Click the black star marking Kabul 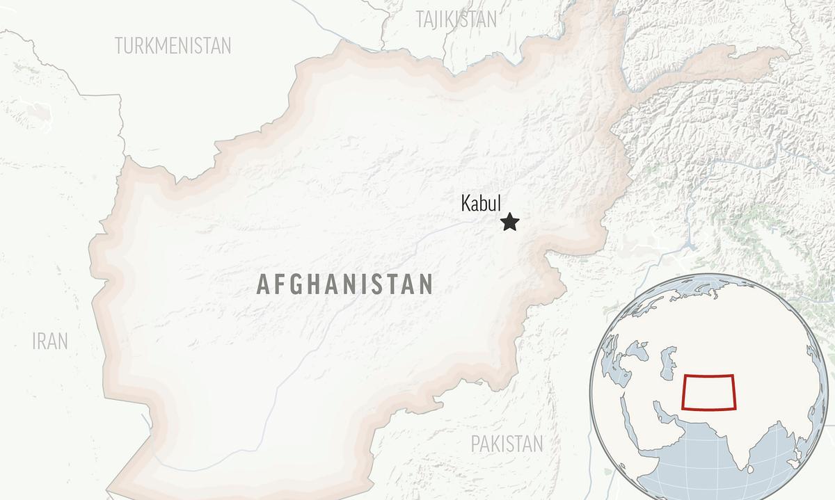[510, 223]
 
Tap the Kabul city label [481, 203]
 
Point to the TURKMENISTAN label [173, 46]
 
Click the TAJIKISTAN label [456, 19]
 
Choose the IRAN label [50, 341]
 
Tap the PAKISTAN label [507, 443]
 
